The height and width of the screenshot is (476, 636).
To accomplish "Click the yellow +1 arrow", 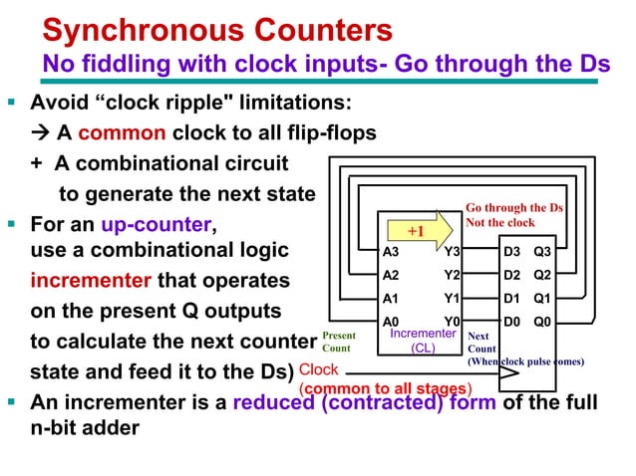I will coord(417,231).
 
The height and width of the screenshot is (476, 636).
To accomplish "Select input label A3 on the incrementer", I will coord(391,253).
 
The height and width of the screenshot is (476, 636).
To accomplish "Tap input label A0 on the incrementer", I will coord(391,322).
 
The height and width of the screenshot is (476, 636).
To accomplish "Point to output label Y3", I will coord(452,253).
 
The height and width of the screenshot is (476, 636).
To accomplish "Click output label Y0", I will coord(452,322).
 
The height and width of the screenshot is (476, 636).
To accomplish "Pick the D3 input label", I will coord(510,253).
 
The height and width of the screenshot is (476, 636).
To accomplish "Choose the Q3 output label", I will coord(542,253).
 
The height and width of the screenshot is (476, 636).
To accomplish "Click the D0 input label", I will coord(510,322).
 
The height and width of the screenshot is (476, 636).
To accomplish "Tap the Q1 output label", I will coord(542,298).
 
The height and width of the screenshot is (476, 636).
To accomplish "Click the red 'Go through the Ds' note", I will coord(513,215).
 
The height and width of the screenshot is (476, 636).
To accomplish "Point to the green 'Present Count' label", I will coord(337,343).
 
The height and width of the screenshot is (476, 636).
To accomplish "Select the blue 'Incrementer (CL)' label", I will coord(423,342).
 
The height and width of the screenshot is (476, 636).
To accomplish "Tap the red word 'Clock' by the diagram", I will coord(319,370).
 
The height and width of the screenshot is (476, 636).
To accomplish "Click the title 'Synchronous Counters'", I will coord(217,31).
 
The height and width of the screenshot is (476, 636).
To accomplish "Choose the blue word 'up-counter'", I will coord(153,221).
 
